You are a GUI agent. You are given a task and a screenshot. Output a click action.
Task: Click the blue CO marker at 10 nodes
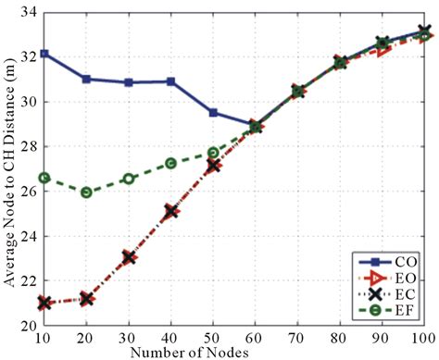(44, 53)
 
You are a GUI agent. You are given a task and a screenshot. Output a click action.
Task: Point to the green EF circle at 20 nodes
(86, 192)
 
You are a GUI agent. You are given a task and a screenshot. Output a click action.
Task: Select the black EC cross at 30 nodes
(129, 256)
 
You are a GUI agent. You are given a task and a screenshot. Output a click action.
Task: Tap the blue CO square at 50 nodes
(213, 113)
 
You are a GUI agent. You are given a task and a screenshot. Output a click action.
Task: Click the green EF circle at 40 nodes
(171, 163)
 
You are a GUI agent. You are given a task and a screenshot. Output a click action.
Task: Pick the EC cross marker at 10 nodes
(44, 303)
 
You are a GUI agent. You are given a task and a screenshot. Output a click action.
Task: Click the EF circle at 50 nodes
(213, 153)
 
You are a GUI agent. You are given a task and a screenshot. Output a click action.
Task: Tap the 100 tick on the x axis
(422, 339)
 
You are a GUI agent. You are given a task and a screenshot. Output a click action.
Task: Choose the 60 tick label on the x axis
(256, 339)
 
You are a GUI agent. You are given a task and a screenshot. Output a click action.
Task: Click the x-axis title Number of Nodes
(232, 352)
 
